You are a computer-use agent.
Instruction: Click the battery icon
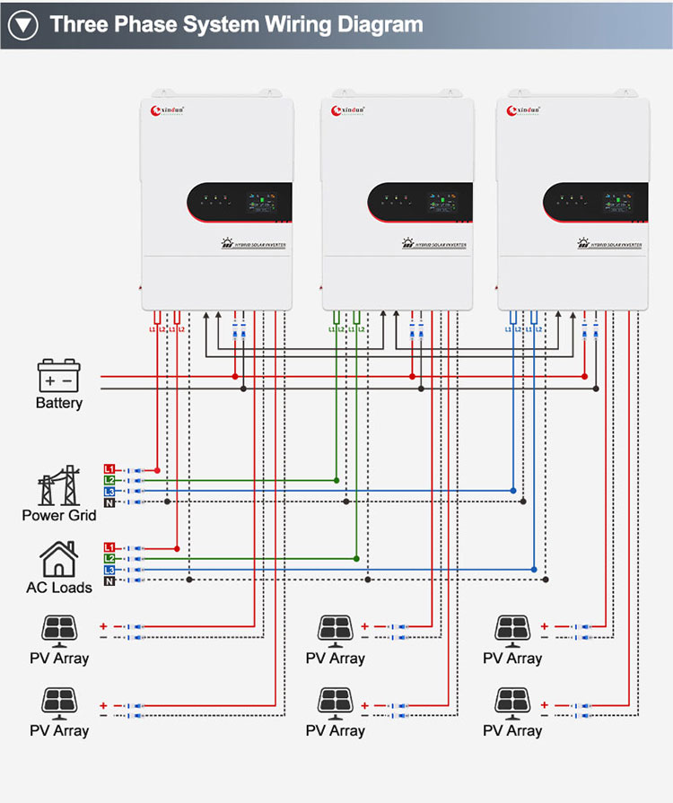[x=59, y=375]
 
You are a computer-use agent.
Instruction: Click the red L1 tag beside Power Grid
[x=109, y=469]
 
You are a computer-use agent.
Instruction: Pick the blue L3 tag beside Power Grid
[x=109, y=491]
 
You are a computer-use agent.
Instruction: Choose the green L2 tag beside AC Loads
[x=109, y=558]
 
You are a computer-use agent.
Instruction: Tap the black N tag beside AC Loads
[x=109, y=580]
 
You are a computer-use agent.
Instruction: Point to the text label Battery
[x=59, y=403]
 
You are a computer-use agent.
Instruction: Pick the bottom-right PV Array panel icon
[x=512, y=702]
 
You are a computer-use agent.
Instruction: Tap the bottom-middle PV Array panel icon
[x=335, y=702]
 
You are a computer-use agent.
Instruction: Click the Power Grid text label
[x=59, y=515]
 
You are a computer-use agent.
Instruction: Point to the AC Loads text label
[x=59, y=588]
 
